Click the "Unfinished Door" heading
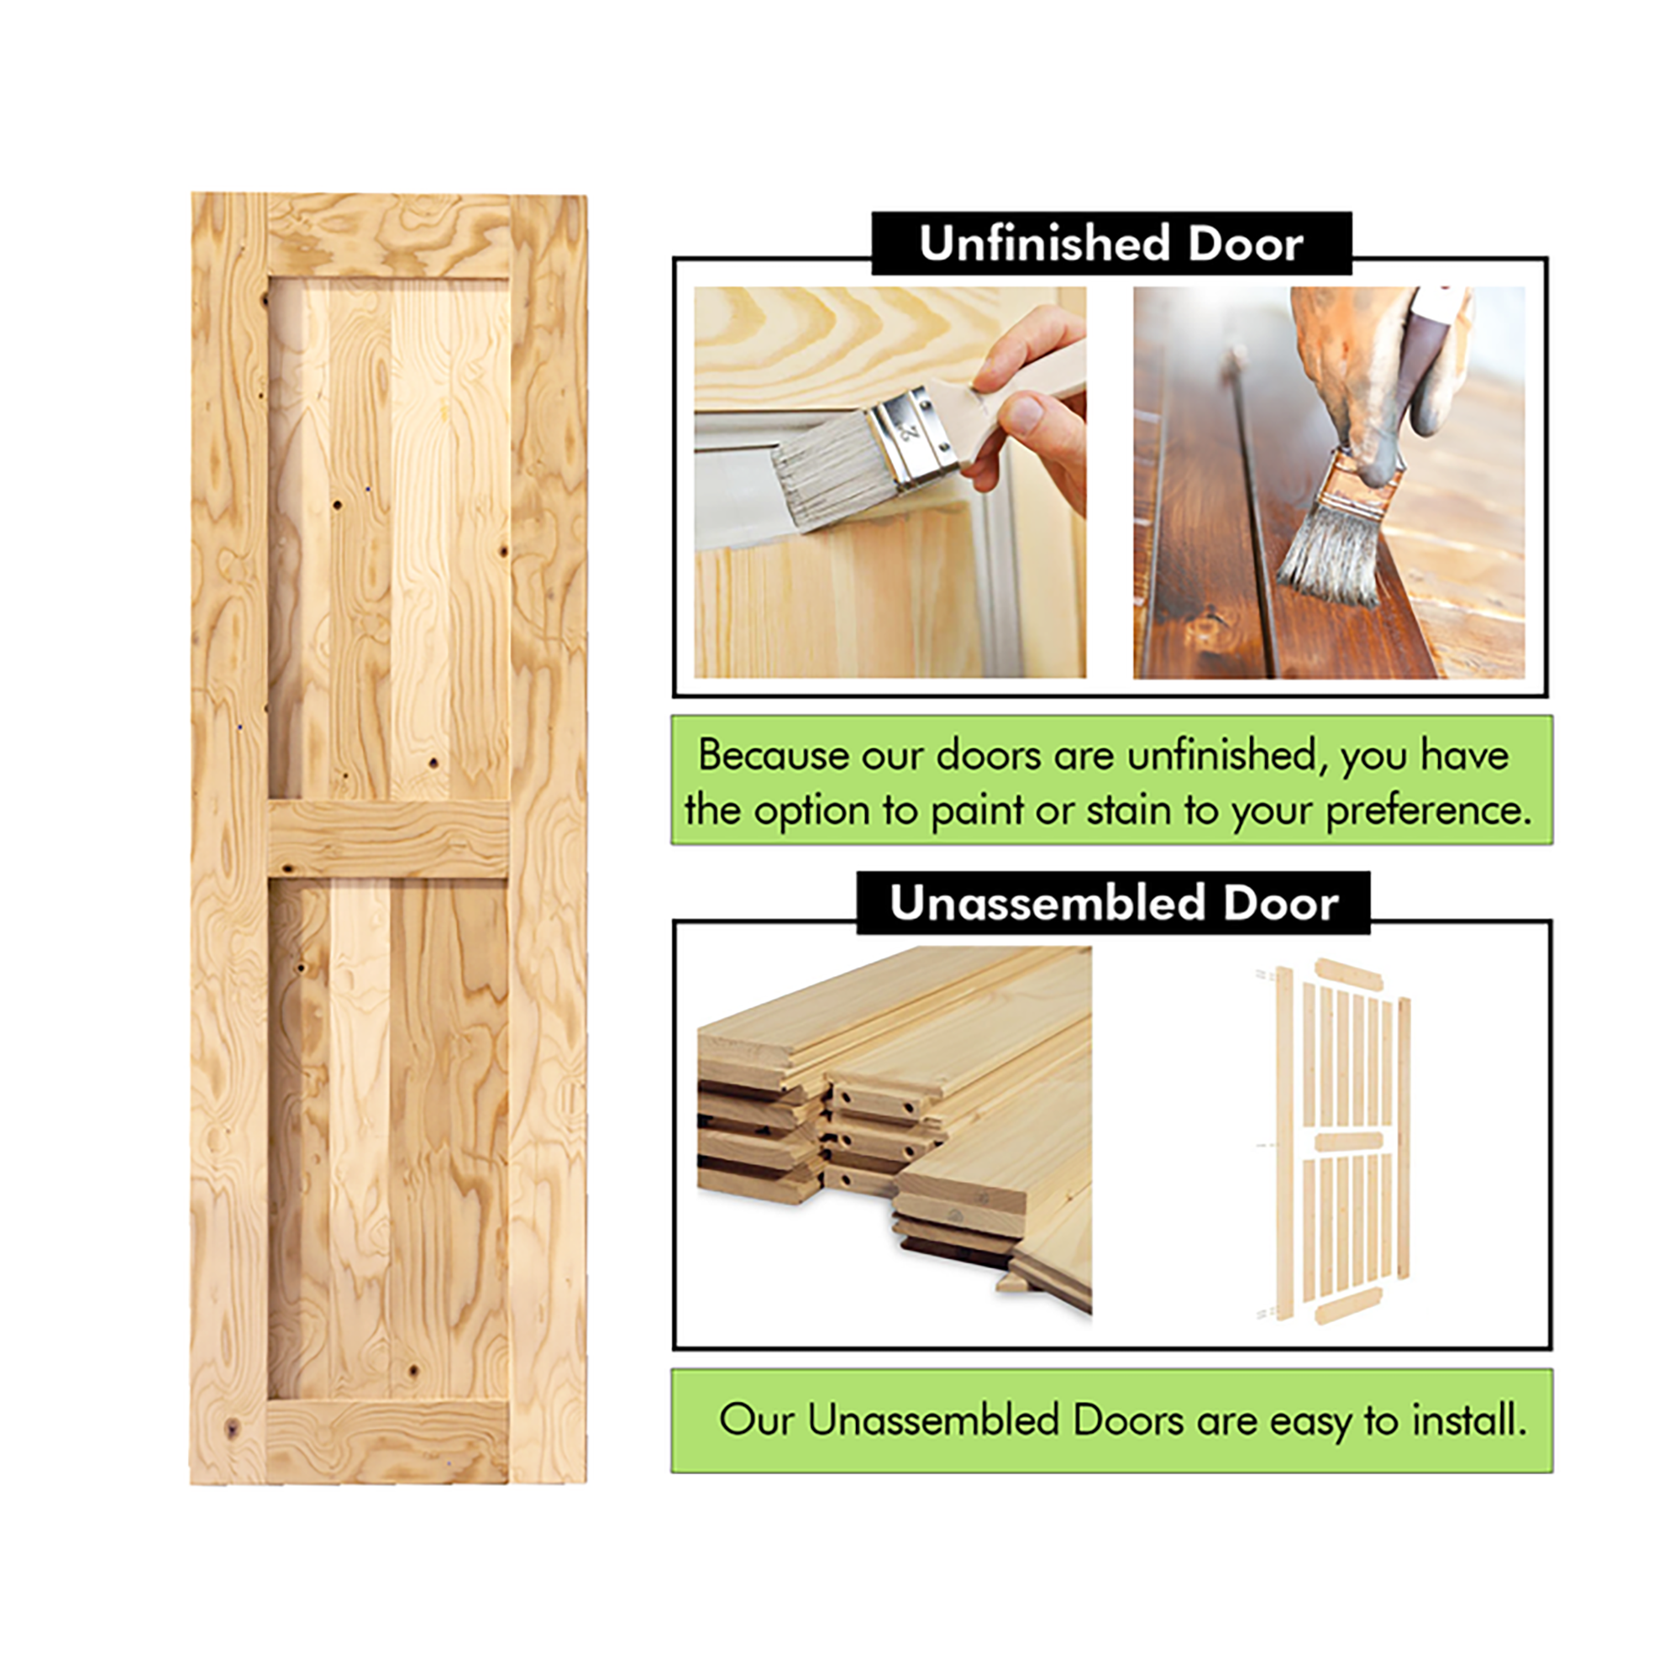click(x=1110, y=244)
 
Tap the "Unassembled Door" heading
click(x=1113, y=904)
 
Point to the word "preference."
click(x=1428, y=811)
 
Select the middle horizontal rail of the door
click(x=388, y=838)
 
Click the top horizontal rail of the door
click(x=388, y=237)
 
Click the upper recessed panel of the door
click(x=388, y=539)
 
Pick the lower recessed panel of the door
click(x=388, y=1138)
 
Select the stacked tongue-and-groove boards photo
click(x=894, y=1131)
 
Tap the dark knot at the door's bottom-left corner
click(x=231, y=1427)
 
